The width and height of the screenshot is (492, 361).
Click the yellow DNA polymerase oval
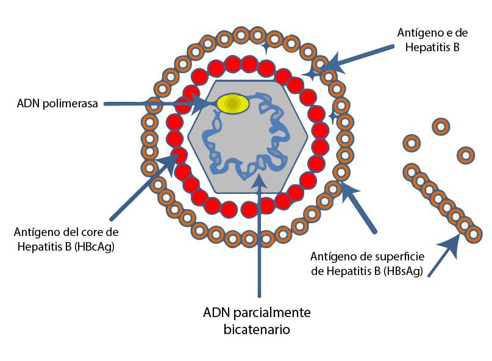pyautogui.click(x=232, y=104)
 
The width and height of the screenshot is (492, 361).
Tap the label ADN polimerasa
pyautogui.click(x=59, y=103)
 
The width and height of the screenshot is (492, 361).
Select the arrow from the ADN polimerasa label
pyautogui.click(x=152, y=104)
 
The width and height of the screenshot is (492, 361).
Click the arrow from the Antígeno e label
pyautogui.click(x=360, y=57)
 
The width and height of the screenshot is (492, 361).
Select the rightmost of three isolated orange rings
pyautogui.click(x=466, y=155)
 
